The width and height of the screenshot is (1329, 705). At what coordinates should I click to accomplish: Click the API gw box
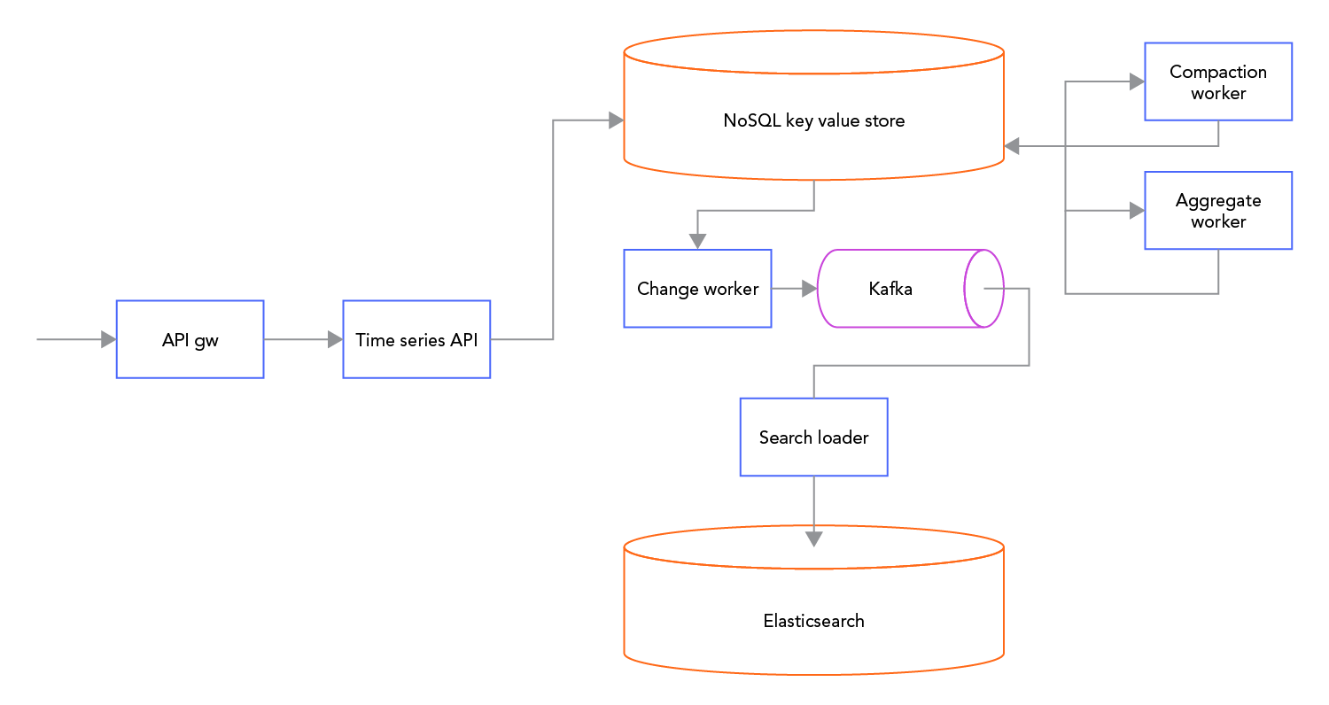190,339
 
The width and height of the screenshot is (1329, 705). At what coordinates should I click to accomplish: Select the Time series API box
416,339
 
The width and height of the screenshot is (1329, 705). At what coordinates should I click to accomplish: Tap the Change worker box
697,289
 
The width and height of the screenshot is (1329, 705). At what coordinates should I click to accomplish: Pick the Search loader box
813,438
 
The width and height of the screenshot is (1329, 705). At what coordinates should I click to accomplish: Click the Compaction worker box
1218,81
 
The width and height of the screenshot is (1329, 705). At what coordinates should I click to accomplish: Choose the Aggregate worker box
1218,211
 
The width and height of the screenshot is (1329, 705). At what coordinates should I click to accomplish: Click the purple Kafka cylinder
895,289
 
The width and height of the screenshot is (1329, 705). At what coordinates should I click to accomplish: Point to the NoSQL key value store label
813,120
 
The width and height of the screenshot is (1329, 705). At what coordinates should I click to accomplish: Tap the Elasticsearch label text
813,621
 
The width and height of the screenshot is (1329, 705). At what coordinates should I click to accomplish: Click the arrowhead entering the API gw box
108,339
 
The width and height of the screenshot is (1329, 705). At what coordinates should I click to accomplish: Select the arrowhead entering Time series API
335,339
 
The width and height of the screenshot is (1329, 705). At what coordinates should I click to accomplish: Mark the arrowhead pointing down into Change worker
697,241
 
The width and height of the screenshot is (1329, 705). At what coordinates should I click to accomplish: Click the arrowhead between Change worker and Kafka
808,289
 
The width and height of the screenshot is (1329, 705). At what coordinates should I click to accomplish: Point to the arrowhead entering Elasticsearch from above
813,538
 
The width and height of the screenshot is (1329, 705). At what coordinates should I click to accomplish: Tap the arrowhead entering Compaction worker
1136,81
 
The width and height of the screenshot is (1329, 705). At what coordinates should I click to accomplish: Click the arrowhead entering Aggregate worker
1136,211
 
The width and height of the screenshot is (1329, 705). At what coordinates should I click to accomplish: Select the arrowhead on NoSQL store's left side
616,120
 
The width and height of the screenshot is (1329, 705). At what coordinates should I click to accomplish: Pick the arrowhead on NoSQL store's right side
1012,145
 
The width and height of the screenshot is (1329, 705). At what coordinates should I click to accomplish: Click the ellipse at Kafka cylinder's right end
984,289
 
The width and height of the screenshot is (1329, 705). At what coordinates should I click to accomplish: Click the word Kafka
890,289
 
